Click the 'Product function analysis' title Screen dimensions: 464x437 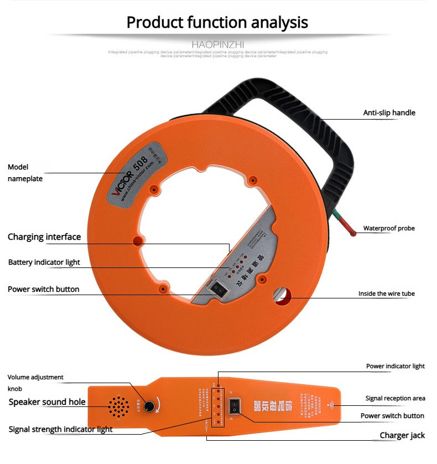coord(217,22)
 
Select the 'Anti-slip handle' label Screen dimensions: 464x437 coord(389,113)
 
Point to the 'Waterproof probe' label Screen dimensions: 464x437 coord(389,228)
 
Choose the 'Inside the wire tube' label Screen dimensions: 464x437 coord(386,293)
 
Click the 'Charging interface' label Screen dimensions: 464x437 coord(44,237)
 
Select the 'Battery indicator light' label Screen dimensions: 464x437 coord(44,262)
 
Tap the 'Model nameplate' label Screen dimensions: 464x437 coord(25,173)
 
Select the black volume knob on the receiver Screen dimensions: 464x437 coord(149,406)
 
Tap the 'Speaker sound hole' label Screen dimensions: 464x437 coord(47,402)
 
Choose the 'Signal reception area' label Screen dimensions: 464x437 coord(395,398)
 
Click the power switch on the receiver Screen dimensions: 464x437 coord(237,406)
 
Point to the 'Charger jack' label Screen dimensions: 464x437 coord(402,435)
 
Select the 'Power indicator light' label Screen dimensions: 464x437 coord(395,366)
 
